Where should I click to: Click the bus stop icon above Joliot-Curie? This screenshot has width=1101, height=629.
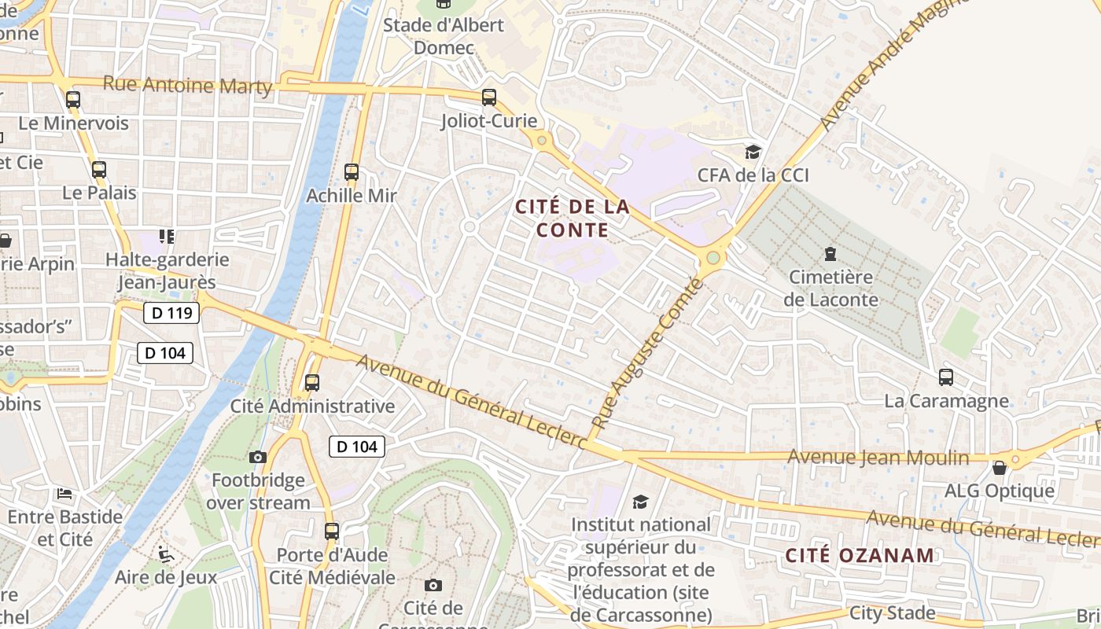click(x=489, y=97)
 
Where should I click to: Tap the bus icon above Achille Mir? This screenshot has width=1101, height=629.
click(x=352, y=172)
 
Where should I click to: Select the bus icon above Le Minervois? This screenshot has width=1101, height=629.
click(x=73, y=100)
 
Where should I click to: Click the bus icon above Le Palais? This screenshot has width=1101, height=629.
click(x=99, y=170)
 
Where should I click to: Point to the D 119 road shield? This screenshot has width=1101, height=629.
click(x=171, y=313)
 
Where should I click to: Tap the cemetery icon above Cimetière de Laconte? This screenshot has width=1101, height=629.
click(x=830, y=254)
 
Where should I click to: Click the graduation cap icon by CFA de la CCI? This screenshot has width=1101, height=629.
click(x=753, y=152)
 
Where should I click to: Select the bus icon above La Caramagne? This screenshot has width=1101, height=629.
click(x=946, y=377)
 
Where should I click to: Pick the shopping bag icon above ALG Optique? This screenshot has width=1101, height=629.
click(x=1000, y=468)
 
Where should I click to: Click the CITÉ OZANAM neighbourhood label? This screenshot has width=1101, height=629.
click(x=860, y=555)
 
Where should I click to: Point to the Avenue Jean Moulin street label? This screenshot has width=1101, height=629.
click(x=889, y=457)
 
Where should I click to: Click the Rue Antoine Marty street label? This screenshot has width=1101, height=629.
click(x=187, y=85)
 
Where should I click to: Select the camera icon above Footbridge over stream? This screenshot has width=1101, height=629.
click(x=258, y=457)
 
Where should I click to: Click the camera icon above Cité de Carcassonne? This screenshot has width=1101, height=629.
click(x=433, y=585)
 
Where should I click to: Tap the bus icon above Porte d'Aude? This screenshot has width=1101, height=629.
click(x=332, y=532)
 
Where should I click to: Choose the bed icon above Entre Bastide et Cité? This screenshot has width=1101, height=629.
click(x=64, y=494)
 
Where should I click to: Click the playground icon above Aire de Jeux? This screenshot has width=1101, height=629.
click(x=165, y=554)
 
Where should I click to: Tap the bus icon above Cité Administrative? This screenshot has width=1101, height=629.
click(x=312, y=383)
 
